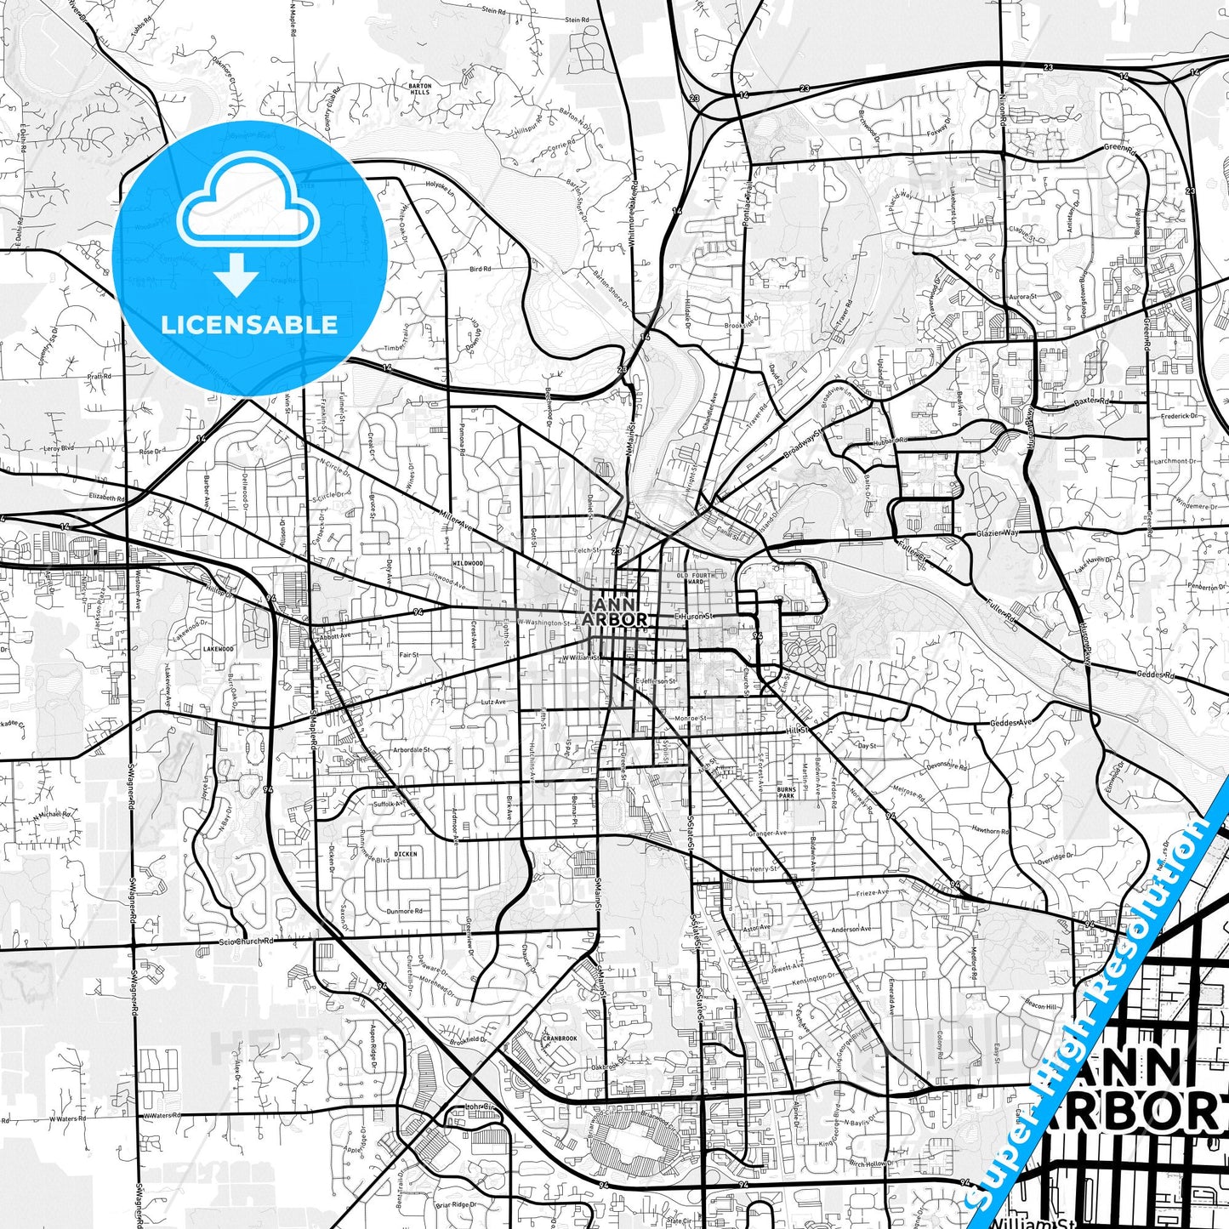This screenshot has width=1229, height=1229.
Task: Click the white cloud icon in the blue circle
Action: [248, 211]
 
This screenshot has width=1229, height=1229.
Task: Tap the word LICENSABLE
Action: [249, 324]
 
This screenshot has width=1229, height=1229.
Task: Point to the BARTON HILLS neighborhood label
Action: [420, 89]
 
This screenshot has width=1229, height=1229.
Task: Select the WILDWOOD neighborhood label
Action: [468, 563]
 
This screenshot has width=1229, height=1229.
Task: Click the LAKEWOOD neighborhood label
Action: [219, 649]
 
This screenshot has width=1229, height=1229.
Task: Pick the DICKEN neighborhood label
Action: [406, 853]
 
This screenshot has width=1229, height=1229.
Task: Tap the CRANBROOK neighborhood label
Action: [560, 1038]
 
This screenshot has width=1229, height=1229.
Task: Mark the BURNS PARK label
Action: [786, 793]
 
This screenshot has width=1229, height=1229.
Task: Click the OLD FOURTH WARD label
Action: [696, 579]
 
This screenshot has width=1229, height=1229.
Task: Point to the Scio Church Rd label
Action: [246, 942]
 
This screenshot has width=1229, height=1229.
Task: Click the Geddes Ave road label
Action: [1011, 723]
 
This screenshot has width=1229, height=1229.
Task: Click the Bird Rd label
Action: [481, 270]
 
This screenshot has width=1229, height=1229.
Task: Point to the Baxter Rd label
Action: [1092, 401]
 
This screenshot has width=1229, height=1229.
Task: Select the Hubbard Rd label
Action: [890, 441]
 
